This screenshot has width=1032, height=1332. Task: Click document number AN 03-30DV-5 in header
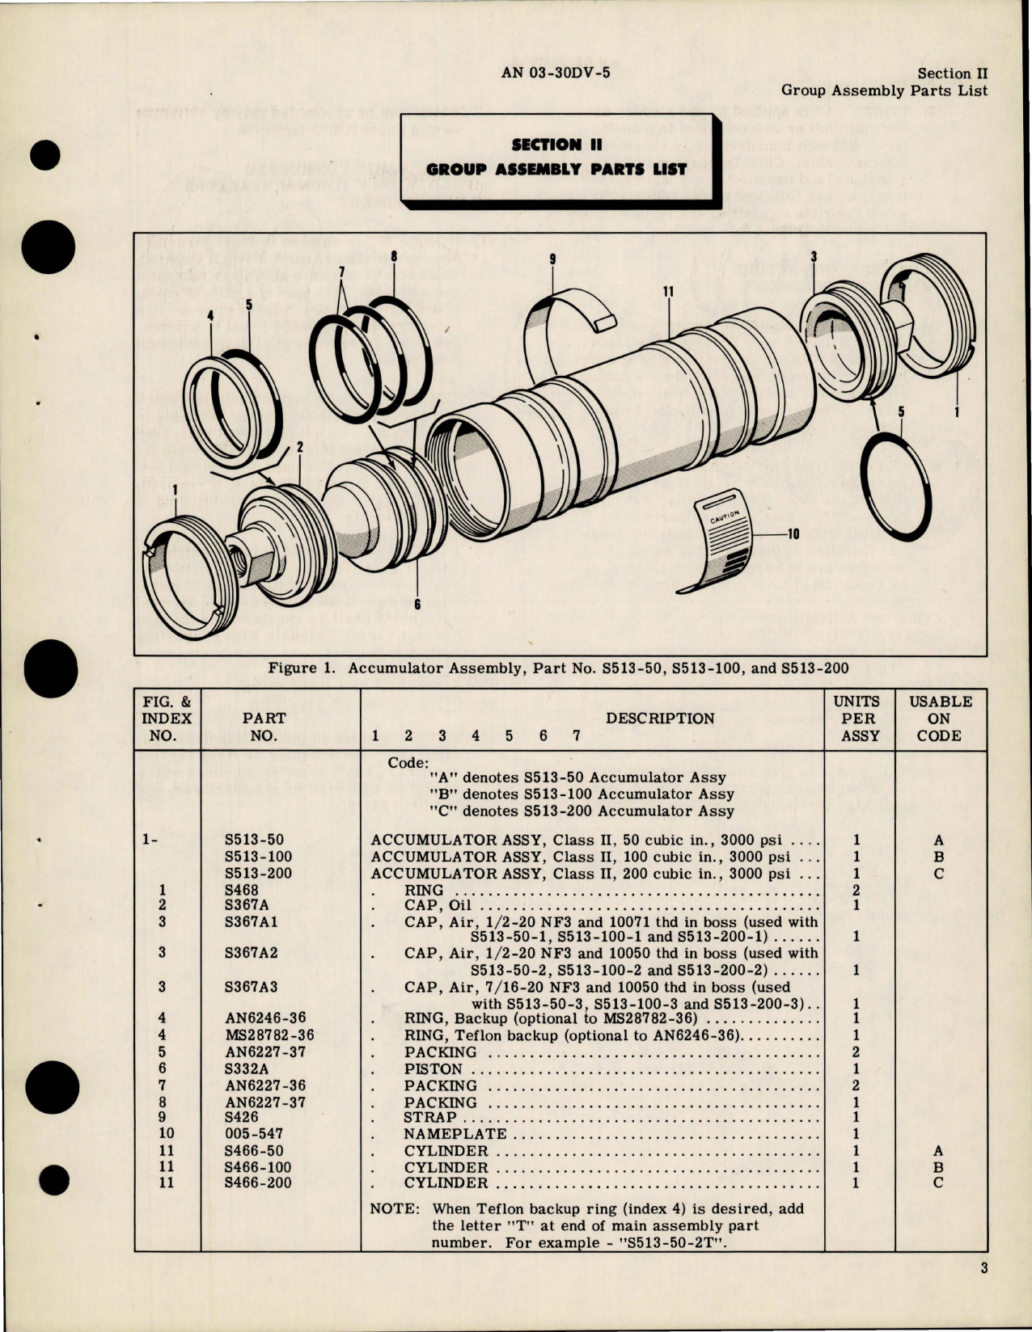pyautogui.click(x=556, y=74)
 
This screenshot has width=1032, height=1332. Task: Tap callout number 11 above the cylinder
pyautogui.click(x=668, y=293)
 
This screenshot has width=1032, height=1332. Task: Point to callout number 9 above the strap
pyautogui.click(x=553, y=260)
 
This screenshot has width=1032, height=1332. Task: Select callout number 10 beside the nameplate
pyautogui.click(x=792, y=533)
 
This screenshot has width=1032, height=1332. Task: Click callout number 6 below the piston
pyautogui.click(x=417, y=604)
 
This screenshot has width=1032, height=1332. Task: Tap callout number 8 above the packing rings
pyautogui.click(x=394, y=258)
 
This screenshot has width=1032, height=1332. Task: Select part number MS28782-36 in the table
pyautogui.click(x=269, y=1035)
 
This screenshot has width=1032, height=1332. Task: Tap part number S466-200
pyautogui.click(x=260, y=1182)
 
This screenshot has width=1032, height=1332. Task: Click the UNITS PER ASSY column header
pyautogui.click(x=856, y=719)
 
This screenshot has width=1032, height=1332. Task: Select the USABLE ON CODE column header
pyautogui.click(x=940, y=719)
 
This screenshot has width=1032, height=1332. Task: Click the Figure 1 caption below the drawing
pyautogui.click(x=558, y=668)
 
